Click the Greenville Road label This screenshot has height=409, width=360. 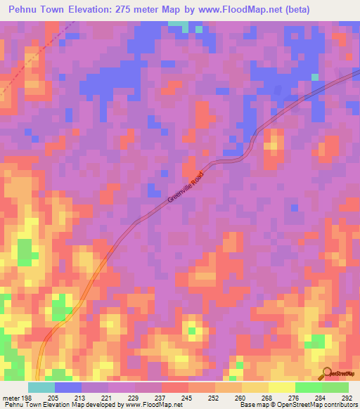[186, 188]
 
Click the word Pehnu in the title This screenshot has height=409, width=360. [25, 11]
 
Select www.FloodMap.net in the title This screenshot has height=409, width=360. [238, 11]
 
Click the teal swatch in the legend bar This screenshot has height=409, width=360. [41, 387]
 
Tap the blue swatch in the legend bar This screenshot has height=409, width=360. [68, 387]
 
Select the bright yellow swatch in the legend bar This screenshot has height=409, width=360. [282, 387]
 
